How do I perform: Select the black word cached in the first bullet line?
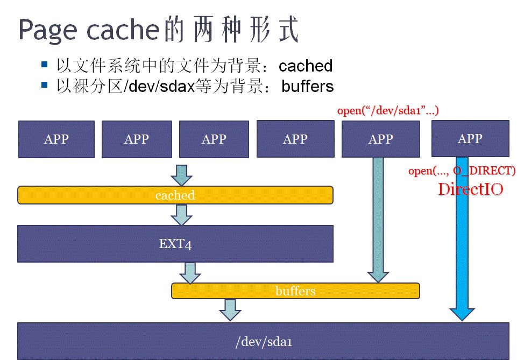click(x=306, y=66)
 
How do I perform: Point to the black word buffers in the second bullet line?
click(x=308, y=86)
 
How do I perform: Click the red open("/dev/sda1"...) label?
click(x=388, y=111)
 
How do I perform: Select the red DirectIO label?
click(x=470, y=189)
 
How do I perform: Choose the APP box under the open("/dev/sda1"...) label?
click(x=380, y=139)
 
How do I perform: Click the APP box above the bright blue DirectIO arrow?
click(x=470, y=138)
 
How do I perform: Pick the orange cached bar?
click(x=175, y=195)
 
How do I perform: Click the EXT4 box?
click(x=175, y=244)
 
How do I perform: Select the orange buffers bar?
click(x=295, y=291)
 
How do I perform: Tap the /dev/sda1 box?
click(x=263, y=341)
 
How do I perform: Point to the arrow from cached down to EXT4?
click(x=181, y=215)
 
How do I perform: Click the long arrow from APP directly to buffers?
click(x=378, y=221)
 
